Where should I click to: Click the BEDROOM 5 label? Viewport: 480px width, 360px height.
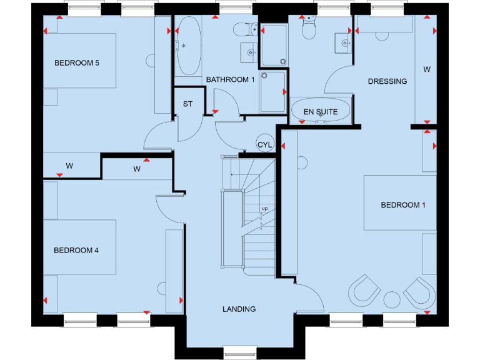[x=77, y=63]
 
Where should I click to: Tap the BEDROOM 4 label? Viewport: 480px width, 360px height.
[x=76, y=251]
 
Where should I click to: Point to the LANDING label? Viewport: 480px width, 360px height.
[x=239, y=309]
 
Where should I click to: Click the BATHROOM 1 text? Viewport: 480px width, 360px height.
[x=231, y=79]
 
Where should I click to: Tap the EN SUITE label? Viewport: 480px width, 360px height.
[x=321, y=112]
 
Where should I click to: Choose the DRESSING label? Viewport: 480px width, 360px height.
[x=387, y=81]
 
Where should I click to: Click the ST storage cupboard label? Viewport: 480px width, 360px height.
[x=187, y=104]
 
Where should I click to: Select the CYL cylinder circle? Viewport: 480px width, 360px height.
[x=265, y=145]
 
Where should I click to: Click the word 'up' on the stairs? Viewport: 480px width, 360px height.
[x=264, y=208]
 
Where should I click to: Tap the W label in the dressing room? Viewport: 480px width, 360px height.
[x=427, y=69]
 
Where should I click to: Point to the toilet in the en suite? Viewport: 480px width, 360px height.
[x=309, y=29]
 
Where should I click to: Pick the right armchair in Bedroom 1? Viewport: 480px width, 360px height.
[x=419, y=291]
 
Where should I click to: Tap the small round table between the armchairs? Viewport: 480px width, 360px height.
[x=392, y=298]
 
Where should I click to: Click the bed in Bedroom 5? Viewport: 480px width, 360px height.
[x=79, y=61]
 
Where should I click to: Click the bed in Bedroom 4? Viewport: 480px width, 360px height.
[x=79, y=247]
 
